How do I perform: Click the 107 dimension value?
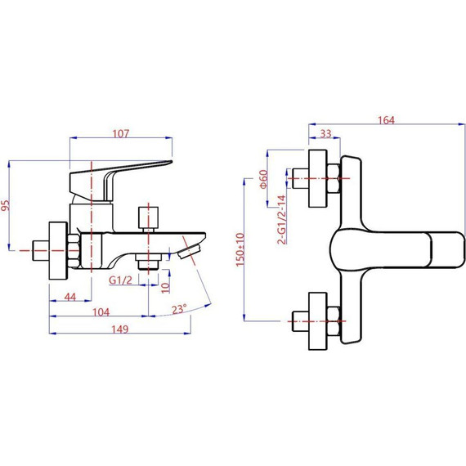click(121, 133)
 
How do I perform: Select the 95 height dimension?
click(6, 205)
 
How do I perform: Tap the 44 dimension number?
click(70, 297)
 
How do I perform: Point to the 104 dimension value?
click(101, 312)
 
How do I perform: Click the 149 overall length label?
click(119, 329)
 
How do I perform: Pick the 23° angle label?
click(179, 309)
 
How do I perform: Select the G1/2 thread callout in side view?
click(120, 280)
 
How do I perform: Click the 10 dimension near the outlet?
click(165, 288)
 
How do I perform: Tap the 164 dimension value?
click(386, 120)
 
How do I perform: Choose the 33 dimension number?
click(325, 134)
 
